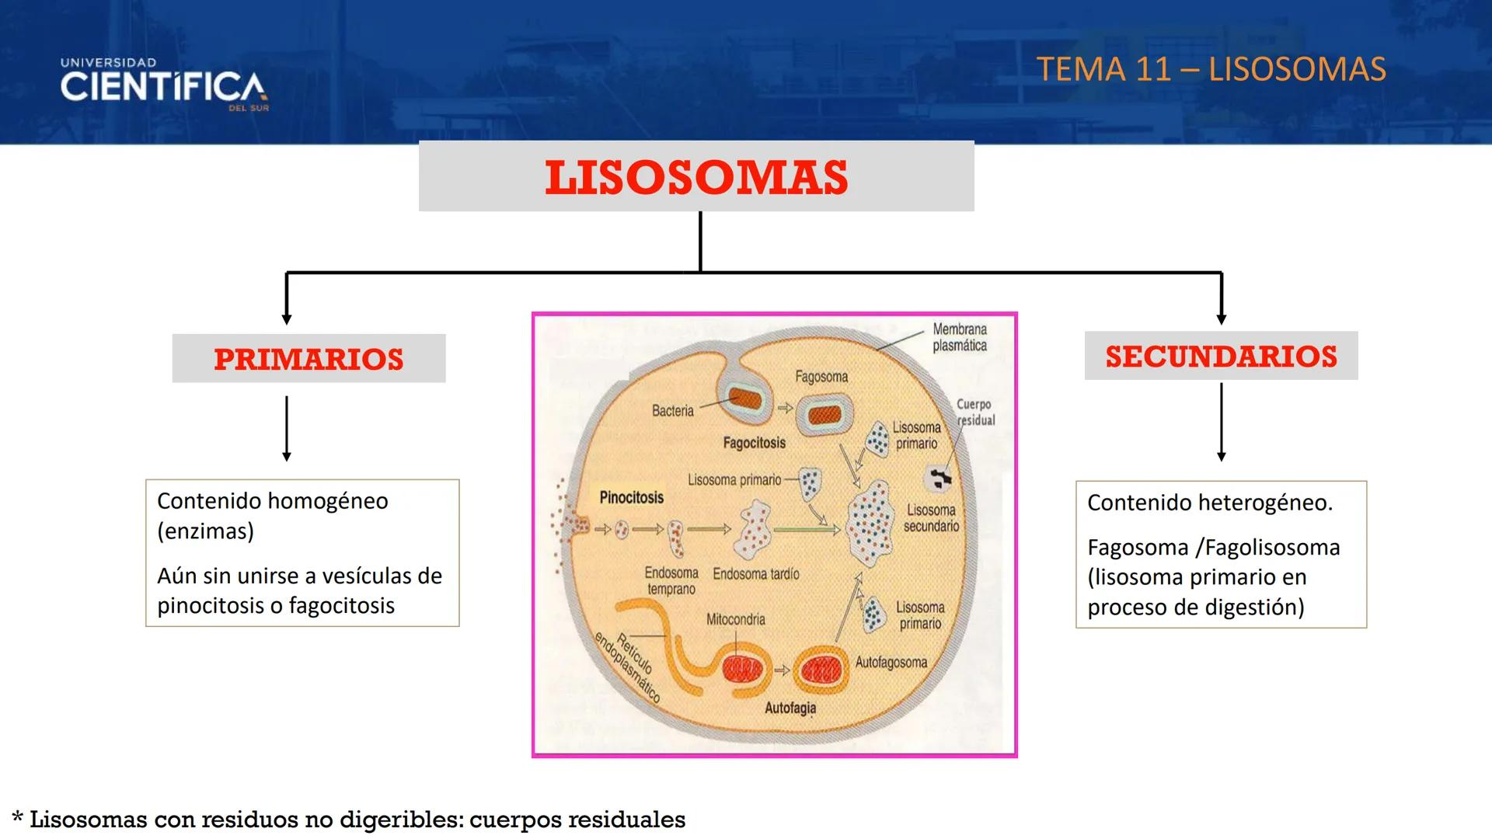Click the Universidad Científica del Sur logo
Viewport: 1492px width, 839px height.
tap(164, 85)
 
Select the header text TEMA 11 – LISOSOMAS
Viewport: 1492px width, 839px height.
tap(1211, 69)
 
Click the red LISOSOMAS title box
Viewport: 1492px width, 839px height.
tap(696, 177)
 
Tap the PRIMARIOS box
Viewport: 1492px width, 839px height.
tap(309, 359)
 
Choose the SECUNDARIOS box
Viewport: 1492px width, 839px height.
tap(1221, 357)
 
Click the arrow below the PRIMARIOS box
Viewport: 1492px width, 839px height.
tap(287, 429)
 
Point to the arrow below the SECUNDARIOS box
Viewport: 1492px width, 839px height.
tap(1221, 423)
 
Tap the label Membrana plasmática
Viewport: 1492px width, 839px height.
tap(960, 337)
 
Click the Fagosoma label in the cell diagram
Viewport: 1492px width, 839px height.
tap(821, 377)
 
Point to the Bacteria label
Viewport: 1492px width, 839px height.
tap(673, 410)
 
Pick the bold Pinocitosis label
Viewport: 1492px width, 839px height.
tap(632, 497)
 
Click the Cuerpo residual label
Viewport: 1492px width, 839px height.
tap(974, 412)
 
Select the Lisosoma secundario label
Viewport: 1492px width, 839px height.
tap(931, 517)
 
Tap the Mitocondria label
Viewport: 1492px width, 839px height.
tap(735, 619)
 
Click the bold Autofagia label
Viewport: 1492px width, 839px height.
tap(790, 708)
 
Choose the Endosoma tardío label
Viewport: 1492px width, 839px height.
tap(756, 574)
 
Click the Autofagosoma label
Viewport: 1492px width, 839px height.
tap(891, 662)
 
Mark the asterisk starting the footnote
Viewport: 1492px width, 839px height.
tap(18, 818)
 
